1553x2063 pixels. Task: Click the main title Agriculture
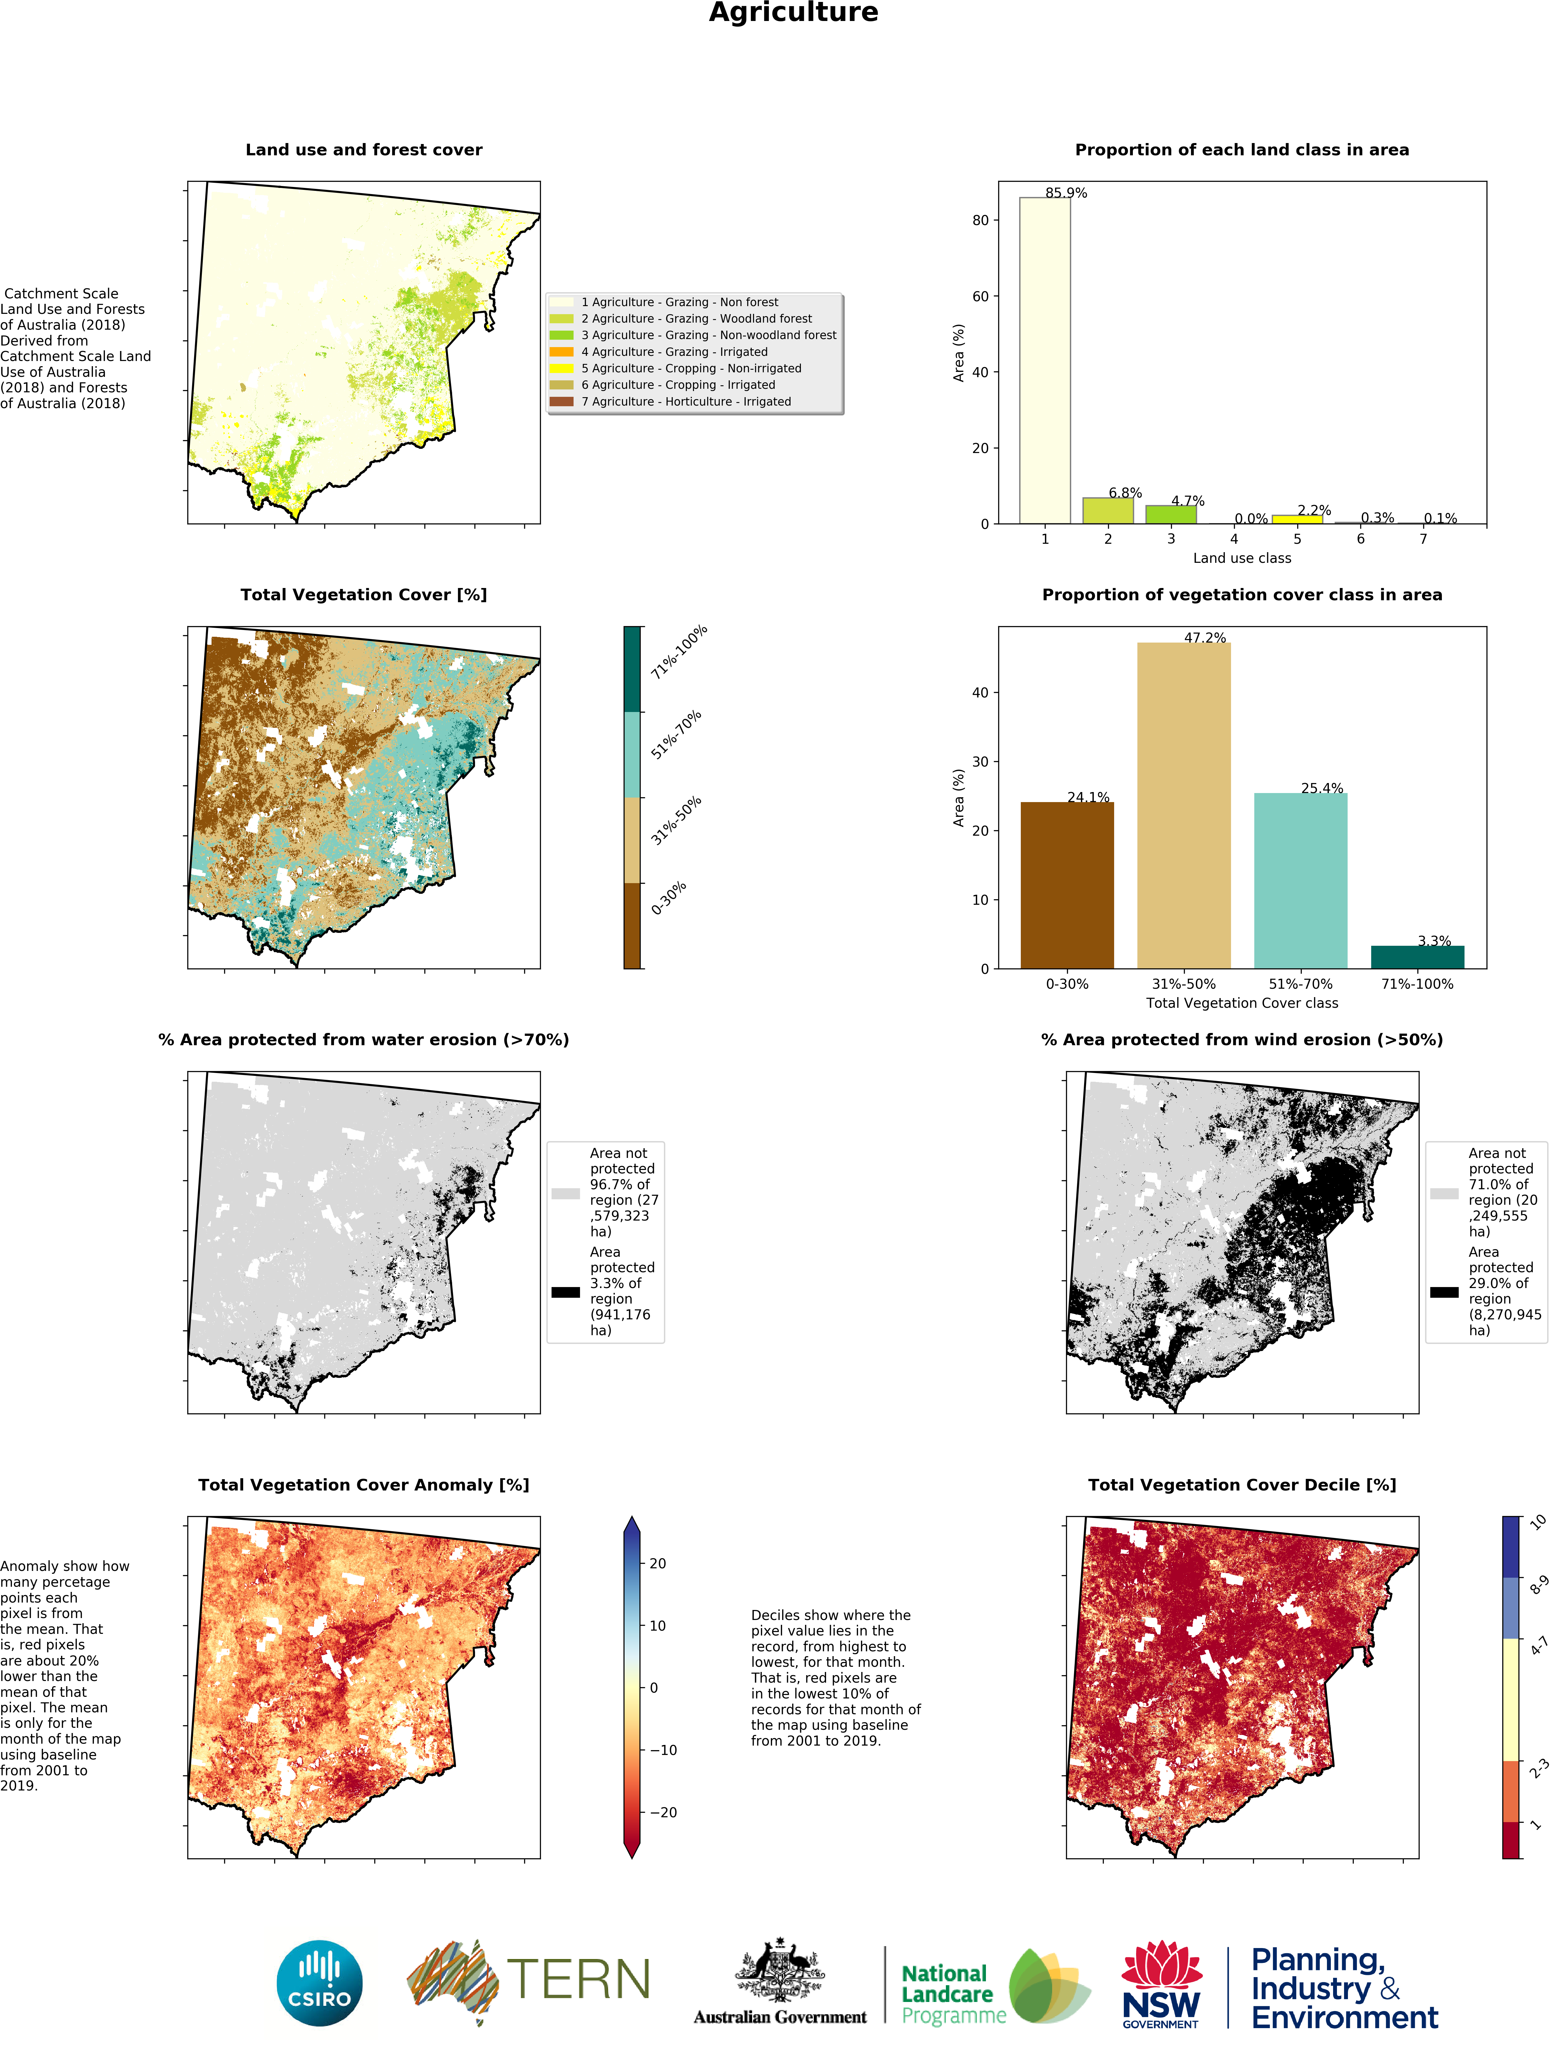793,13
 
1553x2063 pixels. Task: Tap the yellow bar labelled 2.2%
1297,519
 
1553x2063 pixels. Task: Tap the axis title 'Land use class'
1241,558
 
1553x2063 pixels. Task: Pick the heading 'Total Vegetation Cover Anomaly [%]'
363,1485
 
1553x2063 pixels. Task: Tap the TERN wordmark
577,1979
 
